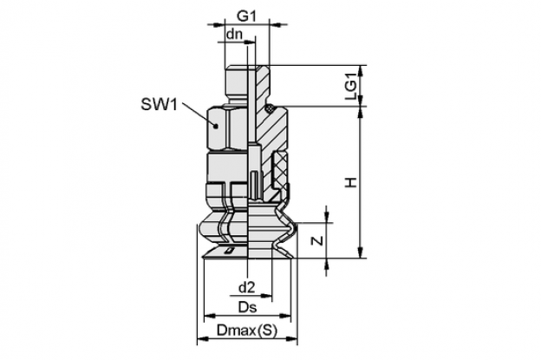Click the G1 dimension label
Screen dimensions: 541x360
click(246, 16)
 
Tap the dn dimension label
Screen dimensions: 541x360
click(234, 34)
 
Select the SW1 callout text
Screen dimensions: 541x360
click(159, 104)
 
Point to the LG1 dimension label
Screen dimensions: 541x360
click(351, 90)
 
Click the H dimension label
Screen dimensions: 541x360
click(351, 182)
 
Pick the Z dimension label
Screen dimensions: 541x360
click(317, 240)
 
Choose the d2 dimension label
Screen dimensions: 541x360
click(246, 287)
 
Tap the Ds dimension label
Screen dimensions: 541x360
click(248, 307)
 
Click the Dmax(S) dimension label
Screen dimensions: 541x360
click(247, 331)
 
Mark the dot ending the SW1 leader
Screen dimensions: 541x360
click(216, 127)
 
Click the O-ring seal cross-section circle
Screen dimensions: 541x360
click(269, 108)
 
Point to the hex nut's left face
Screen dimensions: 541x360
click(216, 128)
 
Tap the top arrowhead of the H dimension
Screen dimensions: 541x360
click(361, 112)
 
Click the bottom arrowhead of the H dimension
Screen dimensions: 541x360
click(361, 252)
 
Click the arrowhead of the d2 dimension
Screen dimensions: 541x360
click(267, 296)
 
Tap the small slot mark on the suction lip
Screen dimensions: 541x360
click(229, 251)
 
